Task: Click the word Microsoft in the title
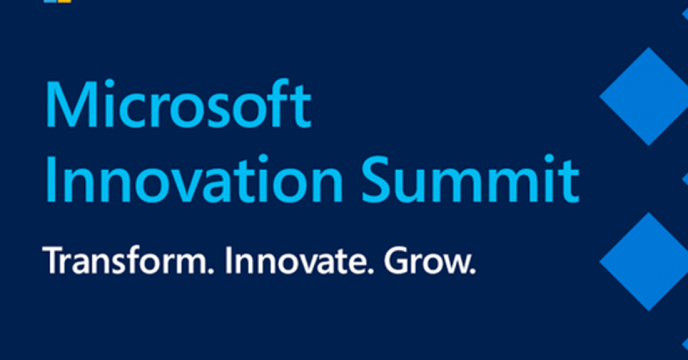(179, 103)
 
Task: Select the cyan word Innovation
(194, 178)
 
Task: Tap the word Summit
(471, 178)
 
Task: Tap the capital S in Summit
(377, 179)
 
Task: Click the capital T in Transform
(55, 260)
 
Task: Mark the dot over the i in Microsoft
(110, 84)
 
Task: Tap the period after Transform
(210, 271)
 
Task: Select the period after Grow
(472, 271)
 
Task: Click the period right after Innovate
(370, 271)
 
